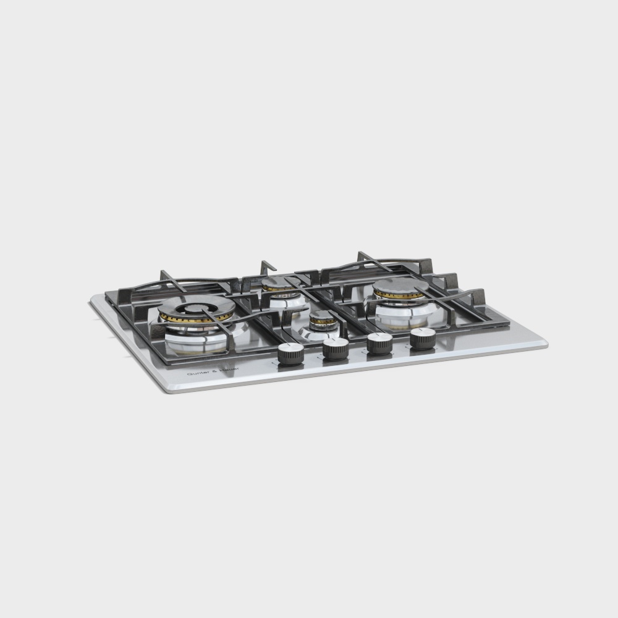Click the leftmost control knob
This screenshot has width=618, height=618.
pyautogui.click(x=290, y=353)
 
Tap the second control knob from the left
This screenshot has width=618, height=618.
pyautogui.click(x=336, y=349)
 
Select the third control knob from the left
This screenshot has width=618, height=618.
pyautogui.click(x=379, y=343)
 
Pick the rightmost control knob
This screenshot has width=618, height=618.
pyautogui.click(x=423, y=338)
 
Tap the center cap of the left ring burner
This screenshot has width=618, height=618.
pyautogui.click(x=197, y=307)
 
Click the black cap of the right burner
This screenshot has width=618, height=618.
pyautogui.click(x=400, y=286)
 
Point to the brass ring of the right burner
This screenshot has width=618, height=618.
pyautogui.click(x=399, y=295)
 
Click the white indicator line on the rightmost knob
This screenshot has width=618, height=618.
pyautogui.click(x=423, y=332)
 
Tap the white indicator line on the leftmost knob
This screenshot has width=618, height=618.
pyautogui.click(x=290, y=347)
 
